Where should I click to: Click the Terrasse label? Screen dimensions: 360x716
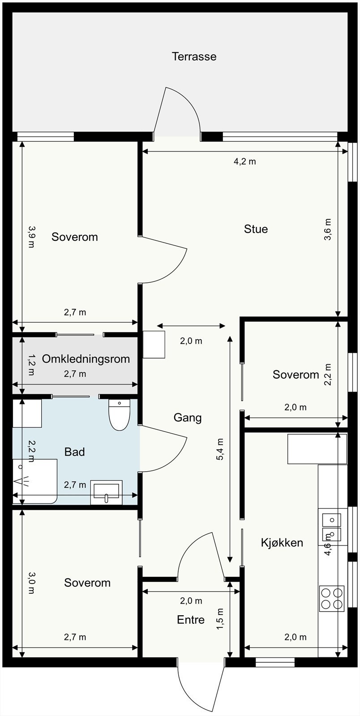click(x=194, y=56)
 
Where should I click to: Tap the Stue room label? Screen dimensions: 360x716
click(x=256, y=229)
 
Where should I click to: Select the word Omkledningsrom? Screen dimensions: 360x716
click(x=86, y=359)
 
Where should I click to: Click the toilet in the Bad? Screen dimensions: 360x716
click(x=119, y=414)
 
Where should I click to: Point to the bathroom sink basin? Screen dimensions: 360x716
click(x=107, y=492)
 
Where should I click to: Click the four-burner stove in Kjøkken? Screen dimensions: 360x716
click(x=331, y=598)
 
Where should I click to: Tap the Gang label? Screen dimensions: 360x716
click(x=187, y=418)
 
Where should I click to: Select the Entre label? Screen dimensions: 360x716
click(x=191, y=620)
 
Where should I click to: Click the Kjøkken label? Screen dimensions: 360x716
click(x=282, y=542)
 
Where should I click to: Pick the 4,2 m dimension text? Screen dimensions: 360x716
click(x=244, y=162)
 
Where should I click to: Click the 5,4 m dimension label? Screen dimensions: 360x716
click(x=220, y=449)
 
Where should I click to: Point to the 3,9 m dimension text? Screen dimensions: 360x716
click(x=31, y=237)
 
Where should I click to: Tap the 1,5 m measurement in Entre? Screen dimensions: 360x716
click(x=220, y=619)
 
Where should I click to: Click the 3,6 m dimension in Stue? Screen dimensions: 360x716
click(x=328, y=229)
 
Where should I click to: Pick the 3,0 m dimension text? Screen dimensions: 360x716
click(x=31, y=582)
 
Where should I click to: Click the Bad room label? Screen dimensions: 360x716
click(x=74, y=452)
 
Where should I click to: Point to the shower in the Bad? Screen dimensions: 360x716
click(x=35, y=482)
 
